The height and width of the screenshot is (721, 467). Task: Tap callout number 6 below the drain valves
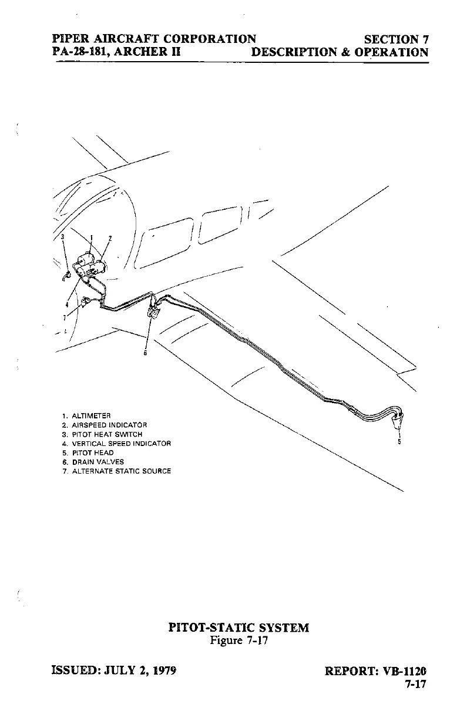(x=146, y=353)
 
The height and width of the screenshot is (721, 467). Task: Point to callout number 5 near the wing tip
(x=399, y=442)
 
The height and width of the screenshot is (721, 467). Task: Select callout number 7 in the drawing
(x=65, y=317)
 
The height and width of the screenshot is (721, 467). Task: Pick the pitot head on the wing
(x=399, y=419)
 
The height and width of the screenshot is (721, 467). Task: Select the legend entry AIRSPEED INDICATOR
(x=109, y=425)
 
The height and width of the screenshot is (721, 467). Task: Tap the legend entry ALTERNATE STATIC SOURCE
(x=120, y=471)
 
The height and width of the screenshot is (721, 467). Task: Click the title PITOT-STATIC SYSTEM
(x=238, y=628)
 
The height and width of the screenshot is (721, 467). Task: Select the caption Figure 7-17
(x=238, y=640)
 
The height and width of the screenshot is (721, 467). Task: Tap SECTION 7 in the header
(x=396, y=39)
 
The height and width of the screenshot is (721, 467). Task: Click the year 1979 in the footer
(x=164, y=670)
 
